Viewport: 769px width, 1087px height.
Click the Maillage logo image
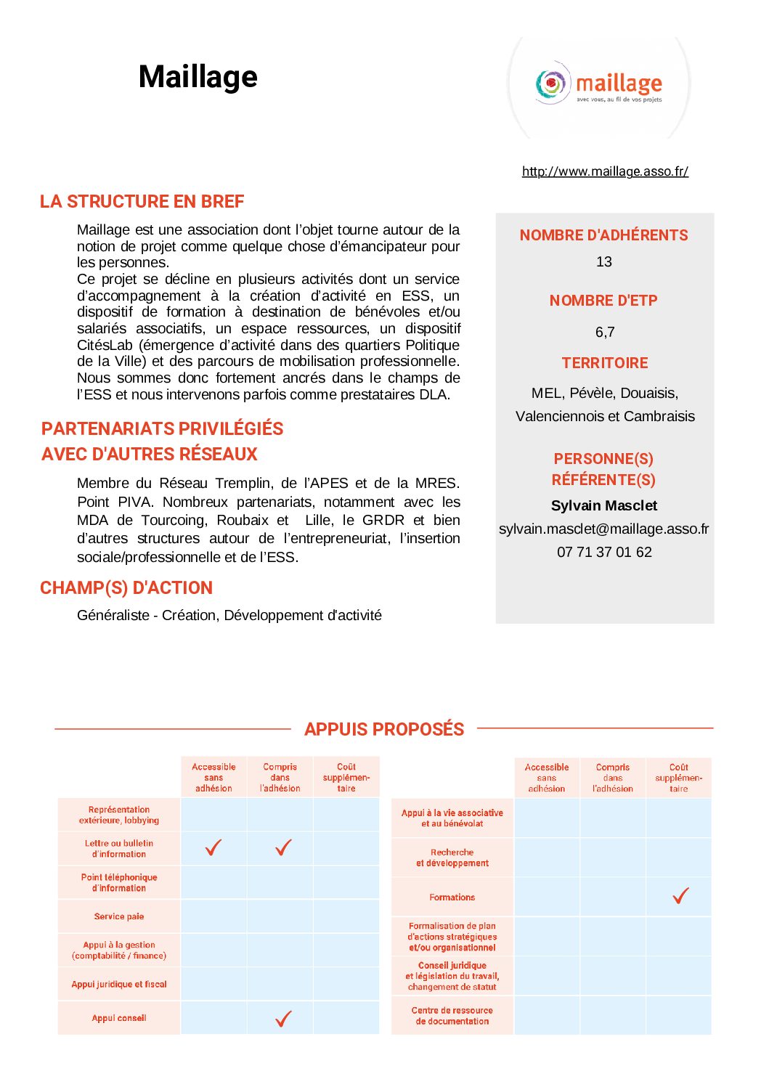pos(599,86)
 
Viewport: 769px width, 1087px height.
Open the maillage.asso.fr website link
pos(605,171)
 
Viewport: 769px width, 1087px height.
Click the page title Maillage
pos(198,77)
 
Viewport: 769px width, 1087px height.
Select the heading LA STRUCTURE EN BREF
pos(142,201)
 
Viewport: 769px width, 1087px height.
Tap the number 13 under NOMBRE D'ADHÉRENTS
pos(604,261)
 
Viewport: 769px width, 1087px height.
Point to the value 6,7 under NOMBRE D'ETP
pos(605,332)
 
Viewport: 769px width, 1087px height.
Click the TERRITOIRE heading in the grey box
pos(605,362)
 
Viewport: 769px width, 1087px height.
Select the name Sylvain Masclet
pos(604,505)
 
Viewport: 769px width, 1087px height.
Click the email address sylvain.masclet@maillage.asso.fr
pos(604,529)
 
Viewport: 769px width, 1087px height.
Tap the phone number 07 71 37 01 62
pos(604,552)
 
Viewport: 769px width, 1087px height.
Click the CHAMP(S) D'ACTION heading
pos(126,587)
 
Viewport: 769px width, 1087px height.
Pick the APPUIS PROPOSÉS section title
pos(384,729)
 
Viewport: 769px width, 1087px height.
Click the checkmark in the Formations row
pos(680,896)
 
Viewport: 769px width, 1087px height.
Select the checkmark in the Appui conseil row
pos(283,1018)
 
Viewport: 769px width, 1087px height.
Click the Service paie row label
pos(119,916)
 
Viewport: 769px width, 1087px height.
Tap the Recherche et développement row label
pos(452,858)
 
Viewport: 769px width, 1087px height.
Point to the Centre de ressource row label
pos(452,1015)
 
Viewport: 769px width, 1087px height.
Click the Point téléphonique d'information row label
pos(119,882)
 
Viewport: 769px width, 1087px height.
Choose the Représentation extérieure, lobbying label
pos(119,815)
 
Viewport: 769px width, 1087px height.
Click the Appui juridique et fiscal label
pos(119,984)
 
